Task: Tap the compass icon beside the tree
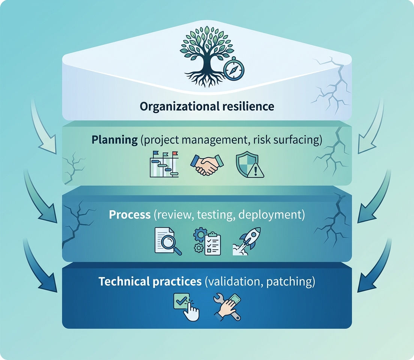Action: click(234, 69)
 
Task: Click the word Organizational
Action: click(179, 107)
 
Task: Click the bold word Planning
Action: click(115, 140)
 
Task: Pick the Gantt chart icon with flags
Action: click(164, 164)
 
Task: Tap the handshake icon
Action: click(207, 165)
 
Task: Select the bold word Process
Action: click(130, 215)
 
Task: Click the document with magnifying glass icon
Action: click(168, 241)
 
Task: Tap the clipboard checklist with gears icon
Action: click(207, 241)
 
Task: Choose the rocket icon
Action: click(247, 241)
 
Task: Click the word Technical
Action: click(124, 282)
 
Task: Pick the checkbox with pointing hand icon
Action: click(186, 307)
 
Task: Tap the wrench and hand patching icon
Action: click(228, 307)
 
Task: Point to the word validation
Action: click(234, 282)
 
